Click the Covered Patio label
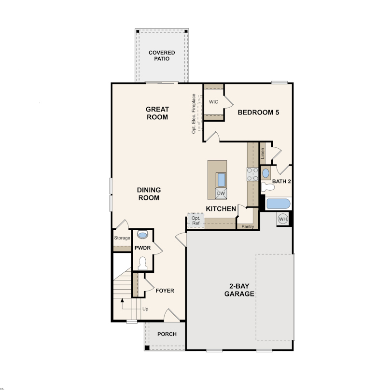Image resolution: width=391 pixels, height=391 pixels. click(x=162, y=56)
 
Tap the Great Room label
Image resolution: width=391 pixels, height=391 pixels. click(x=157, y=113)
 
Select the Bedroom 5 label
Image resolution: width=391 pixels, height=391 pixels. click(x=258, y=112)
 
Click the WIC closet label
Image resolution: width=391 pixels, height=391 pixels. click(x=213, y=102)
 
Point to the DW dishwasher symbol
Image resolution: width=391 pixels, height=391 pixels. click(x=221, y=194)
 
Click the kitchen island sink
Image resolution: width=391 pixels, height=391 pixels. click(x=221, y=180)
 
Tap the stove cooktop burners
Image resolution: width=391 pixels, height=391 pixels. click(x=252, y=174)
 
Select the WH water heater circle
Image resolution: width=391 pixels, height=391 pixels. click(x=283, y=219)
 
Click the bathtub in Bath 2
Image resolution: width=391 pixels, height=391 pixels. click(x=279, y=204)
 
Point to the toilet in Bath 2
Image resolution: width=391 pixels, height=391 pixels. click(x=268, y=187)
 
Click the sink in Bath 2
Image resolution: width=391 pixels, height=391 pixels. click(x=266, y=173)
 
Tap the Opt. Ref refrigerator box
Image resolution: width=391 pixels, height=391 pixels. click(x=196, y=221)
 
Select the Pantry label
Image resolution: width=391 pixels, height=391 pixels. click(x=248, y=226)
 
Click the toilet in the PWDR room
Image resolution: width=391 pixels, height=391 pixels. click(x=142, y=264)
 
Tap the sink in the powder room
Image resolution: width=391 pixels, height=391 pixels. click(x=142, y=235)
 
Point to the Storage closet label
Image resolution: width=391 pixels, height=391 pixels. click(x=122, y=238)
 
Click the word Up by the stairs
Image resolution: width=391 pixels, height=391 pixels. click(x=145, y=309)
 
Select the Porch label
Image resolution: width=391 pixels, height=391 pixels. click(x=167, y=334)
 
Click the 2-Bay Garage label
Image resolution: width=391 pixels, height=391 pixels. click(x=239, y=290)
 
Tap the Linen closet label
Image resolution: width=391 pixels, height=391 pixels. click(x=263, y=154)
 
